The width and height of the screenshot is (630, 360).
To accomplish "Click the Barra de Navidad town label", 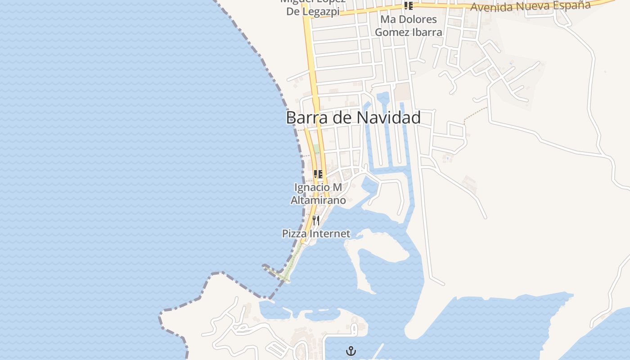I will pos(353,118).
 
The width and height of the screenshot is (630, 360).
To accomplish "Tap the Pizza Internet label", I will pos(316,234).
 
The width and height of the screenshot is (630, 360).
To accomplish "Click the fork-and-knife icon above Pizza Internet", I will pos(316,220).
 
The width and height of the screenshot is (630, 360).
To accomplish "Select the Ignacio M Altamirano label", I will pos(318,193).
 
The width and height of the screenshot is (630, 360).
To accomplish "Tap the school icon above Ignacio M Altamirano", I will pos(318,174).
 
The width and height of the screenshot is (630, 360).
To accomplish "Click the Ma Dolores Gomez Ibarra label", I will pos(408,26).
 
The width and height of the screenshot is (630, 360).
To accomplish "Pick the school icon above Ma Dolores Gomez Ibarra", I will pos(408,6).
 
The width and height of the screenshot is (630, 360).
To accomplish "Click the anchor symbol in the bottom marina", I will pos(351,351).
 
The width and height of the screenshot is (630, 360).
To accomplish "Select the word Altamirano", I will pos(318,200).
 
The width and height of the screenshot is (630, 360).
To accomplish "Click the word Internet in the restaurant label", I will pos(329,234).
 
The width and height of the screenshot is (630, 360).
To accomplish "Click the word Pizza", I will pos(294,234).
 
